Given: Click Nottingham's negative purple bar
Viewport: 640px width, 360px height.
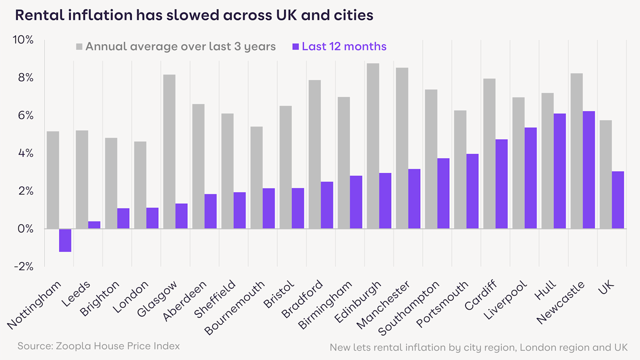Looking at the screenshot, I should point(65,240).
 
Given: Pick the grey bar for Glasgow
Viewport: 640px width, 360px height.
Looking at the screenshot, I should point(169,151).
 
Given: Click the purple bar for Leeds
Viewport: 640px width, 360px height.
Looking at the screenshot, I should point(94,225).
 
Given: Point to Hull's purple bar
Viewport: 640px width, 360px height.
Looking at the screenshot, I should point(560,171).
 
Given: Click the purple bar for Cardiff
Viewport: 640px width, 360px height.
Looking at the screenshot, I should point(502,184).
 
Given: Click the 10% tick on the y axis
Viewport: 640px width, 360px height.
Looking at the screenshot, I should point(23,40).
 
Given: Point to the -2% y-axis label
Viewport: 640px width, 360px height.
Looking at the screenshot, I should point(24,267).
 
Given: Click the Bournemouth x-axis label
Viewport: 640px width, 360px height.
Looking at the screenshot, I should point(235,308).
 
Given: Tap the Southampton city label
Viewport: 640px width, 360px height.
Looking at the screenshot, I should point(409,308).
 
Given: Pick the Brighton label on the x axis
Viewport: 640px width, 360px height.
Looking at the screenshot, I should point(100,299).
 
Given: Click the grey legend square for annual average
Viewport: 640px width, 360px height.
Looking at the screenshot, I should point(79,46).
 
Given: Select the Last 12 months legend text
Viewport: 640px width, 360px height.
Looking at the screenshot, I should point(344,46).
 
